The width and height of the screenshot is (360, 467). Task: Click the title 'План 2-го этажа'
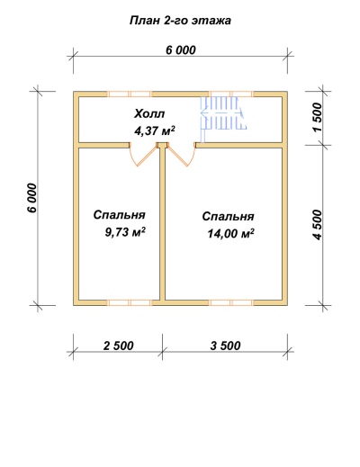coord(180,21)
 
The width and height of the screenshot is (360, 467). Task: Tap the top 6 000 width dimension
coord(181,50)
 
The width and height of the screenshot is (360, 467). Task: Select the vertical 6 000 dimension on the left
coord(31,198)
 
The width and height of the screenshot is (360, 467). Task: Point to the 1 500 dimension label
coord(318,117)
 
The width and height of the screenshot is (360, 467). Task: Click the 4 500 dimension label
coord(318,225)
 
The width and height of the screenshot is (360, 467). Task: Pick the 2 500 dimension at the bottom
coord(118,346)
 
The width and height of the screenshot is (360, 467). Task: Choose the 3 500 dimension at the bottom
coord(225,346)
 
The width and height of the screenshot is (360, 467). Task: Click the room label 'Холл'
coord(149,114)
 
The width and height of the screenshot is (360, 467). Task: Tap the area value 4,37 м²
coord(155,131)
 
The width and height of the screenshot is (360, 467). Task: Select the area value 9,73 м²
coord(125,232)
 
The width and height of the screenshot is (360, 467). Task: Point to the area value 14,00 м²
coord(231,233)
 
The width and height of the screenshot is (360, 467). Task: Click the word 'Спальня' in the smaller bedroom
coord(120,215)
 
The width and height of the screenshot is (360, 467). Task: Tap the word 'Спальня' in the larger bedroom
coord(228,216)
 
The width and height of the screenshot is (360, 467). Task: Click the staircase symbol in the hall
coord(223,114)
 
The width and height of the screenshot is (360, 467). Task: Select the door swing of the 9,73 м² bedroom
coord(144,156)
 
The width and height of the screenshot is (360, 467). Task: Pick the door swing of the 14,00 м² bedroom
coord(182,156)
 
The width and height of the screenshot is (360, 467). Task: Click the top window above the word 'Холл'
coord(130,94)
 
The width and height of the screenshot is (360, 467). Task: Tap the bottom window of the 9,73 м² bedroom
coord(130,302)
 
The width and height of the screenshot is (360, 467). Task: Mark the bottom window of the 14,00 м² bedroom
coord(231,302)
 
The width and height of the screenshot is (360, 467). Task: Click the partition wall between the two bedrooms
coord(162,223)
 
